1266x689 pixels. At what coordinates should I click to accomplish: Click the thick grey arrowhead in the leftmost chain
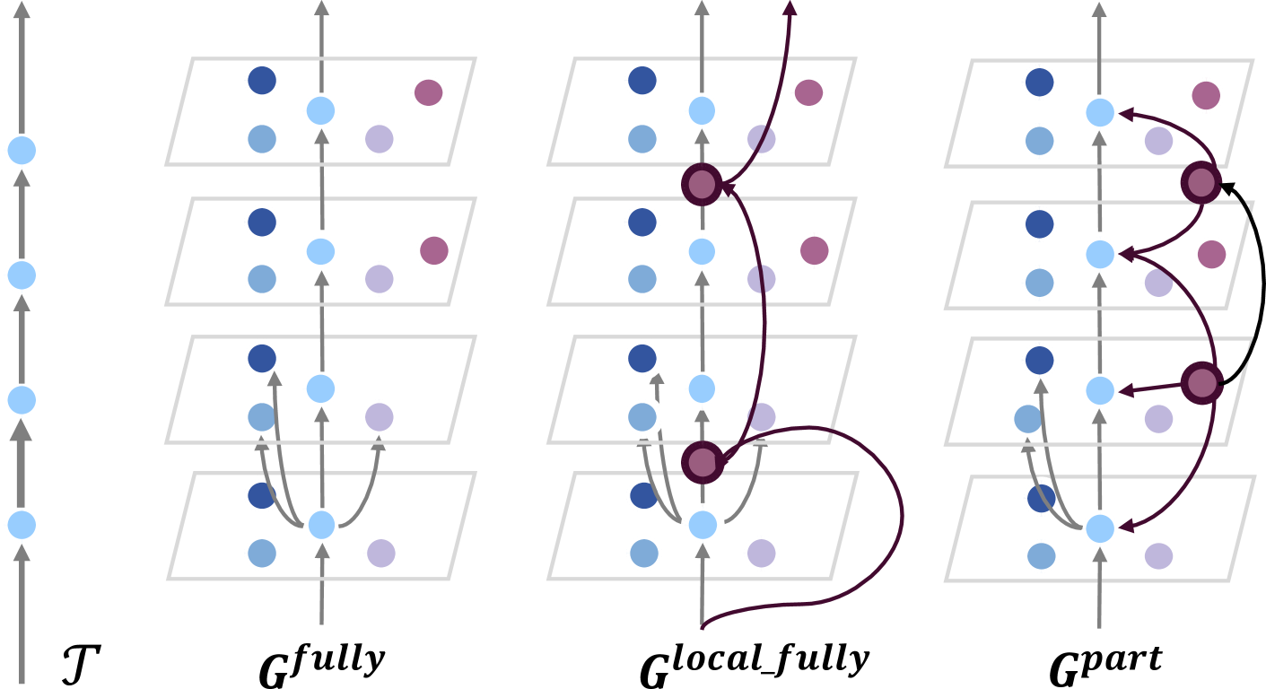(22, 432)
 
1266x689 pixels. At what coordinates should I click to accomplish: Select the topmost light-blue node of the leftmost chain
(22, 150)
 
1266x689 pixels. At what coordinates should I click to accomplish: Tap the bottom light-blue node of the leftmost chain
(22, 525)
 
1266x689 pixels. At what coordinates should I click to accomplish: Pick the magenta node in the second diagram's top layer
(428, 92)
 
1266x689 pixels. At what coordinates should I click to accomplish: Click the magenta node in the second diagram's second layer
(434, 250)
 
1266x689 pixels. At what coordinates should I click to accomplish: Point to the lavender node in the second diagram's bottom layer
(381, 553)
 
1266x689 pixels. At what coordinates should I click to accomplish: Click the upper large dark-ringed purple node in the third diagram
(702, 185)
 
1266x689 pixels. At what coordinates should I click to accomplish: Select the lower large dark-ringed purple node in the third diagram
(703, 463)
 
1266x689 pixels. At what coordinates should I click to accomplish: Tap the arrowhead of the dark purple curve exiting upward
(790, 8)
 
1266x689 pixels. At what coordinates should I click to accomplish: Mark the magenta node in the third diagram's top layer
(808, 92)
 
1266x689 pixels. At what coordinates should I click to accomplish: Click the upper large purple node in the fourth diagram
(1201, 183)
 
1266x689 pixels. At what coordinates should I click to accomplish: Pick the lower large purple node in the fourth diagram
(1202, 384)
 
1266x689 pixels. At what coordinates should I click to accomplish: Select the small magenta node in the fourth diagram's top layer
(1206, 95)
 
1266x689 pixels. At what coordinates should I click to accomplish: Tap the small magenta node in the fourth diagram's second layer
(1211, 254)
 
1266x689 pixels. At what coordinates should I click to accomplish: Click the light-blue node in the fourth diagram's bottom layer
(1100, 528)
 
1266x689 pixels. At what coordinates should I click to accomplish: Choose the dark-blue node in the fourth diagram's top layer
(1039, 82)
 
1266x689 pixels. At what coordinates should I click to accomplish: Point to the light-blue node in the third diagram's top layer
(702, 110)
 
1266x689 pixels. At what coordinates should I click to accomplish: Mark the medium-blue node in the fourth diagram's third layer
(1027, 419)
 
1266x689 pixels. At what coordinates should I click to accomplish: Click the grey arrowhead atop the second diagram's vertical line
(321, 8)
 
